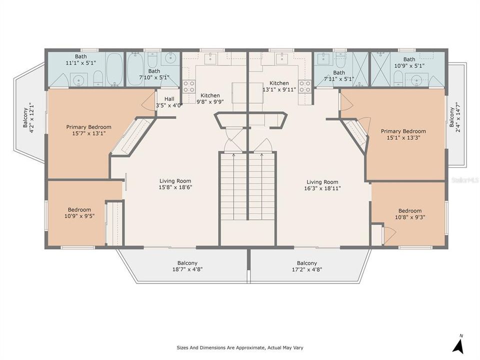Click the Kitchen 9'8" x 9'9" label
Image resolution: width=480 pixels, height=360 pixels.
(210, 98)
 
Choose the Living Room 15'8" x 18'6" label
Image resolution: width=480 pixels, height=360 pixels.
(175, 184)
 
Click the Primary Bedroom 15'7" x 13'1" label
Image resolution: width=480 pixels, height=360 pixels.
(89, 130)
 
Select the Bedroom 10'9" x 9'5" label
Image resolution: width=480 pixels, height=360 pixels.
(79, 213)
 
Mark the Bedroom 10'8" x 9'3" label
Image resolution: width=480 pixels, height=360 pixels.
(409, 214)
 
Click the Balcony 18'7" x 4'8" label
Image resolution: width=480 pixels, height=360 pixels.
(187, 266)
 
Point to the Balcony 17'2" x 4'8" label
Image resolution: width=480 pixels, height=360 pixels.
(306, 266)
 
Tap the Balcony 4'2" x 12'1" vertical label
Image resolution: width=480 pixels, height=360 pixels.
(27, 115)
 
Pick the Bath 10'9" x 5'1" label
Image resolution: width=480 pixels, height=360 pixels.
(409, 62)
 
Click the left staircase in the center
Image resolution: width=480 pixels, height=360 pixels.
(233, 186)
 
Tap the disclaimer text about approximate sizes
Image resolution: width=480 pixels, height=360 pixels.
(239, 347)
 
